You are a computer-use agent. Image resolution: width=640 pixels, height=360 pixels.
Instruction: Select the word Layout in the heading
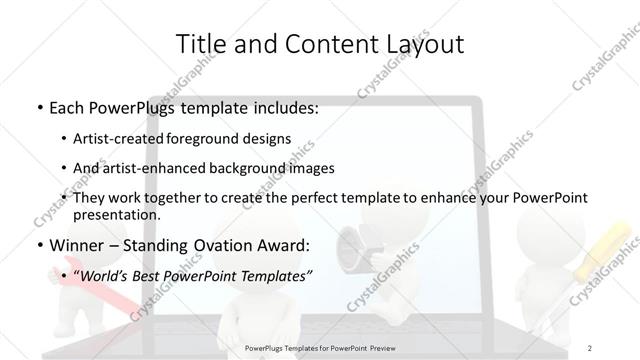click(423, 43)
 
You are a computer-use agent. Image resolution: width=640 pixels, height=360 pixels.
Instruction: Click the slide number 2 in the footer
click(590, 346)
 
